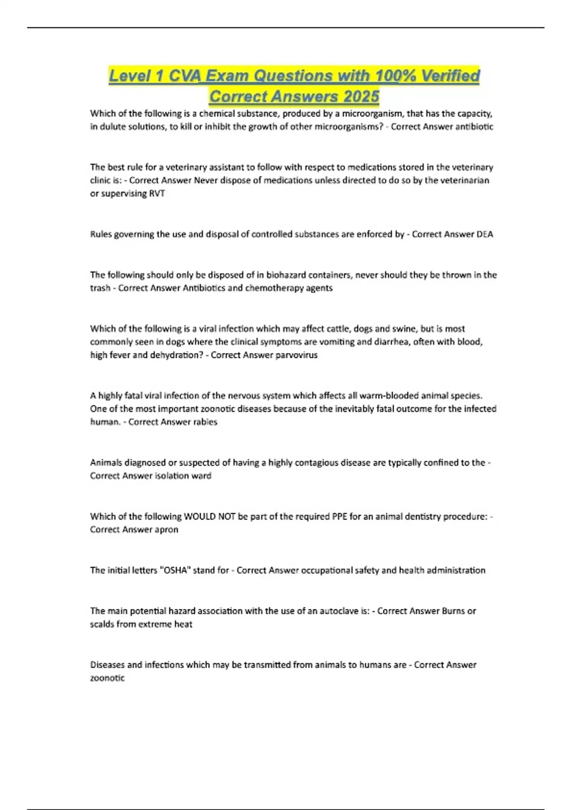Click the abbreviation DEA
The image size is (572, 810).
tap(484, 234)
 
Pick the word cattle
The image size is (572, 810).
tap(338, 329)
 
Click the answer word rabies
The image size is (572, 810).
tap(204, 422)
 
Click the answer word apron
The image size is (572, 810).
tap(166, 529)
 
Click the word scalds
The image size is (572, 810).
tap(102, 624)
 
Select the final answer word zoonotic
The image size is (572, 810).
tap(107, 678)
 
